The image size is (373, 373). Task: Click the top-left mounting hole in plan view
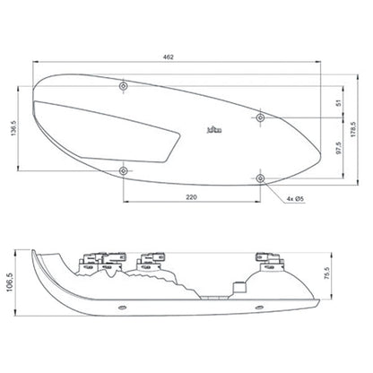click(x=123, y=86)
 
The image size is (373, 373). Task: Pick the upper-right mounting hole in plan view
click(x=260, y=117)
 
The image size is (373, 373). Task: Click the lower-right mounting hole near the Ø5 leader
click(x=260, y=178)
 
